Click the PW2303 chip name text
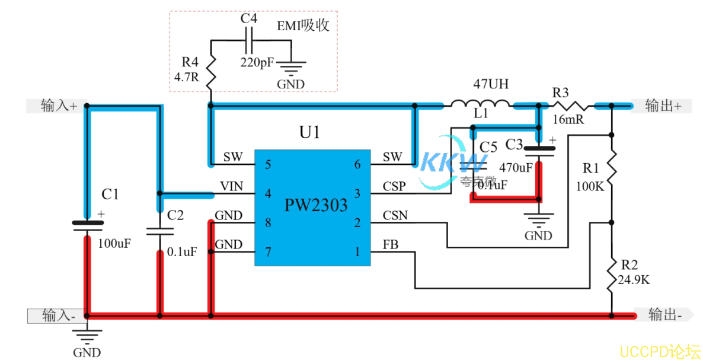316,205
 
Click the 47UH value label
490,84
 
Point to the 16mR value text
568,119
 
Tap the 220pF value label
257,61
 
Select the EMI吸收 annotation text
303,26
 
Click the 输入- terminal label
57,316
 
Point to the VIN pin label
231,187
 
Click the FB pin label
390,245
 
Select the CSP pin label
394,187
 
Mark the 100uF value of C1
114,243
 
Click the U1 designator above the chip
309,132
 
